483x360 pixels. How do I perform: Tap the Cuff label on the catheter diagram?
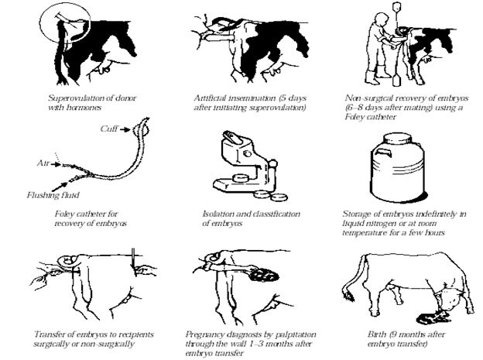[x=109, y=129]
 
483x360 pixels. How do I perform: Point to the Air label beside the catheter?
[x=43, y=163]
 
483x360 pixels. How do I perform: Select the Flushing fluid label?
[x=53, y=195]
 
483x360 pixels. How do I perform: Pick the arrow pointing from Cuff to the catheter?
[x=125, y=129]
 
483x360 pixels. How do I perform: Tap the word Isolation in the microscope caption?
[x=217, y=214]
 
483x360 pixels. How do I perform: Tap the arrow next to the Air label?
[x=56, y=164]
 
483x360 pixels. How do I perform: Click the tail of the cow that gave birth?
[x=354, y=277]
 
